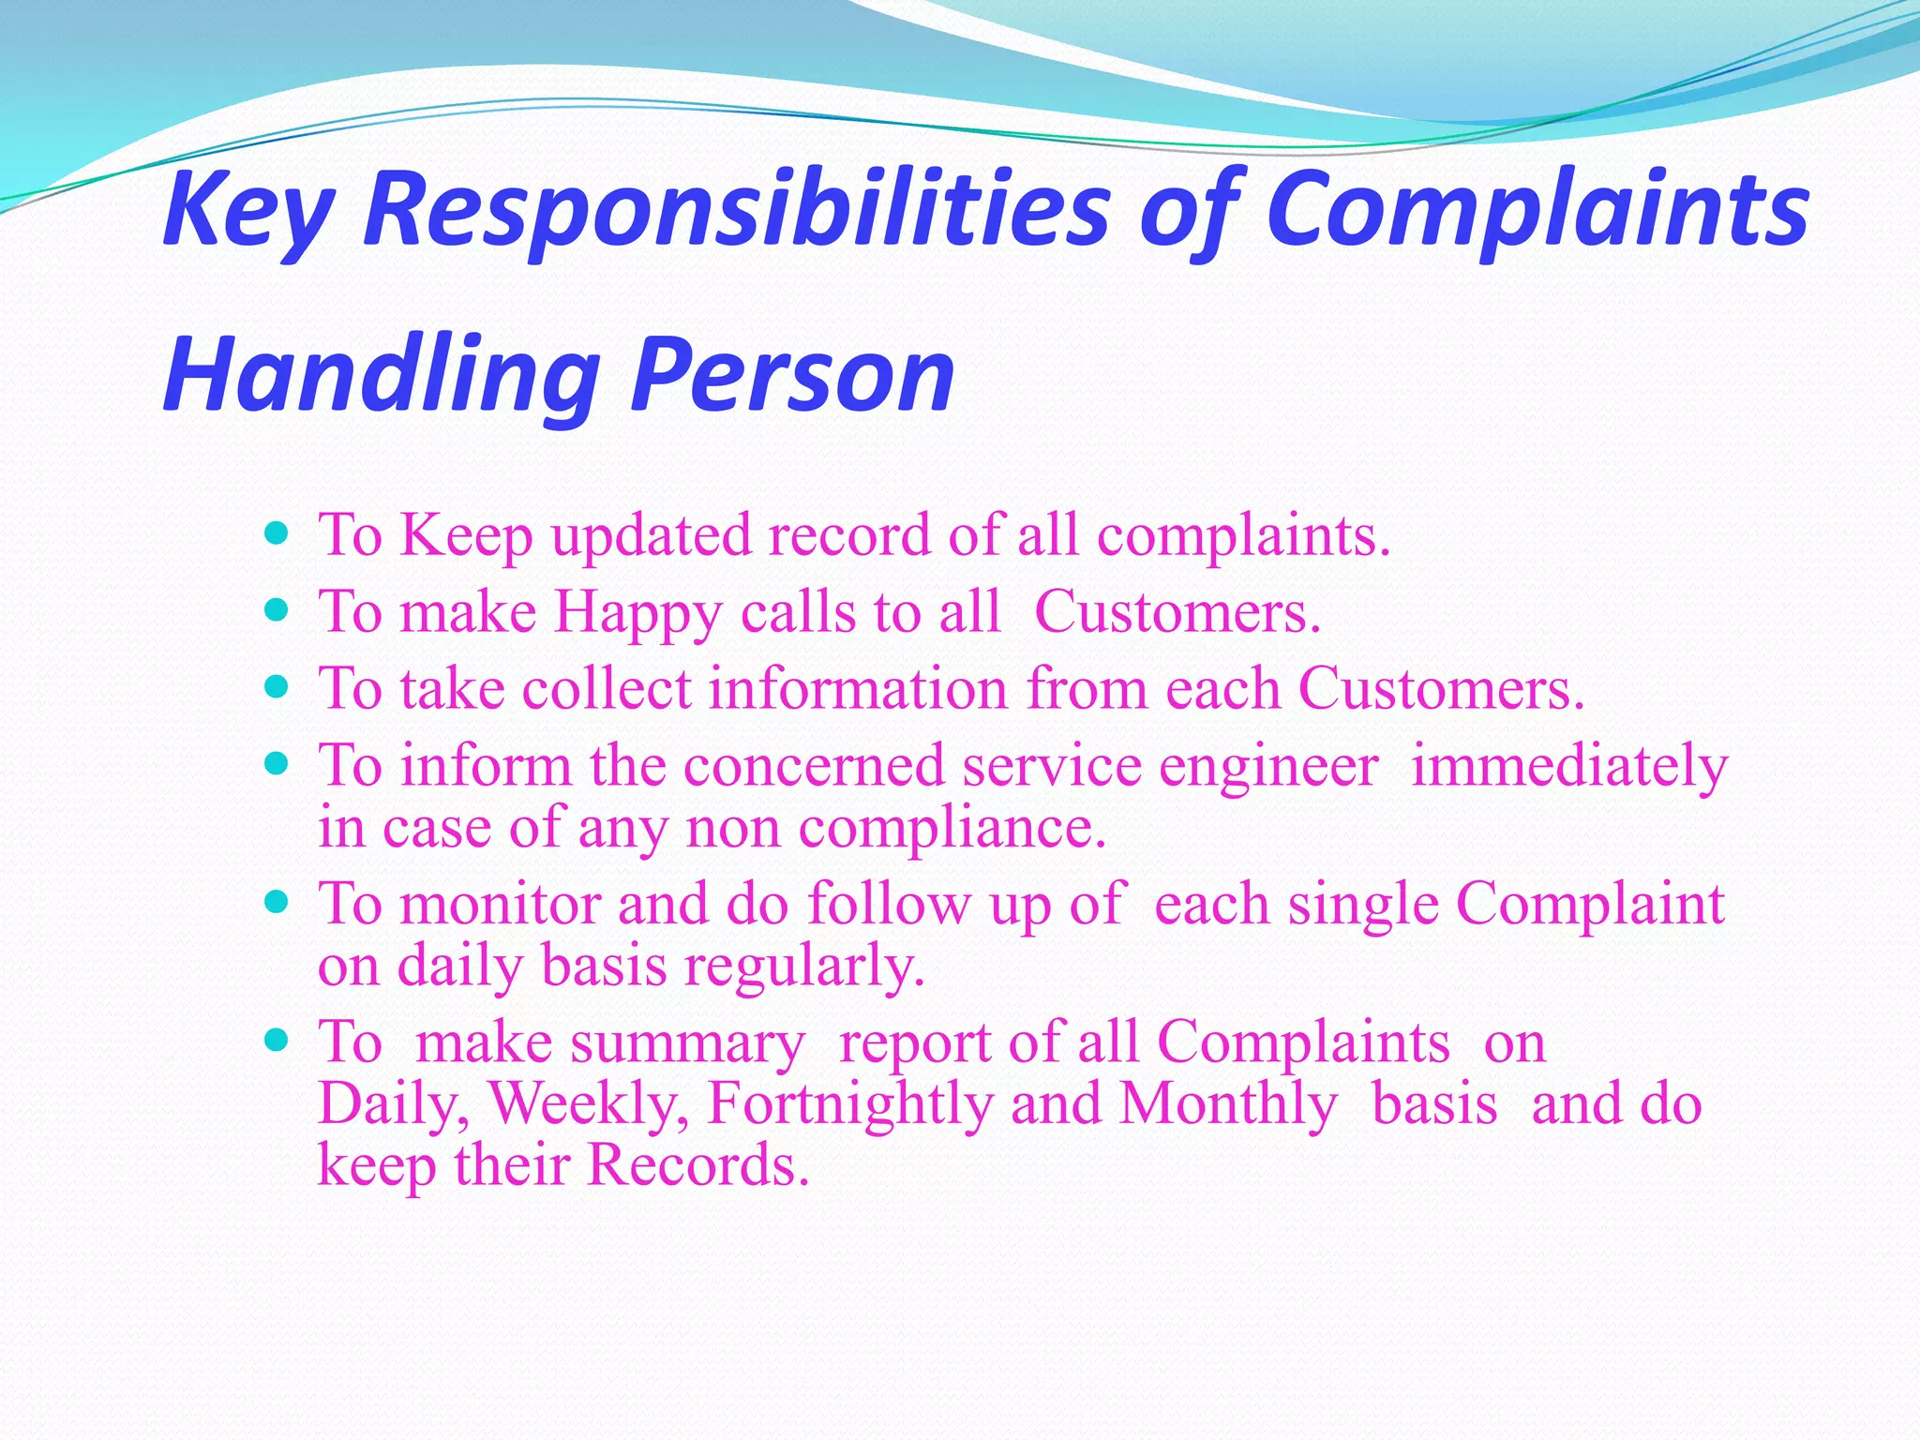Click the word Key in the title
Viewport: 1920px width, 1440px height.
click(x=247, y=212)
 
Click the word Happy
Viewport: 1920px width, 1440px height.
click(x=637, y=615)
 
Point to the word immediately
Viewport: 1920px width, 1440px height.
click(x=1568, y=767)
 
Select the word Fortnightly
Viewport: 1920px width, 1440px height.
click(x=849, y=1104)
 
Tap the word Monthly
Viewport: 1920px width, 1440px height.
click(x=1228, y=1104)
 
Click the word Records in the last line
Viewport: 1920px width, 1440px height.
click(x=697, y=1165)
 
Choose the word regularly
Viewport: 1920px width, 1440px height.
click(x=803, y=968)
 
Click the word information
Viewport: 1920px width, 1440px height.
click(x=858, y=689)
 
